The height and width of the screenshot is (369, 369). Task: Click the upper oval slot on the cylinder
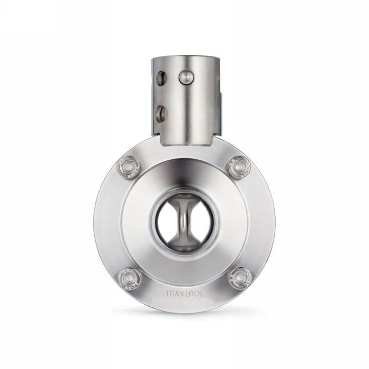(161, 77)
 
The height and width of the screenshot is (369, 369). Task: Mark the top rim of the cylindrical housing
(184, 54)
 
